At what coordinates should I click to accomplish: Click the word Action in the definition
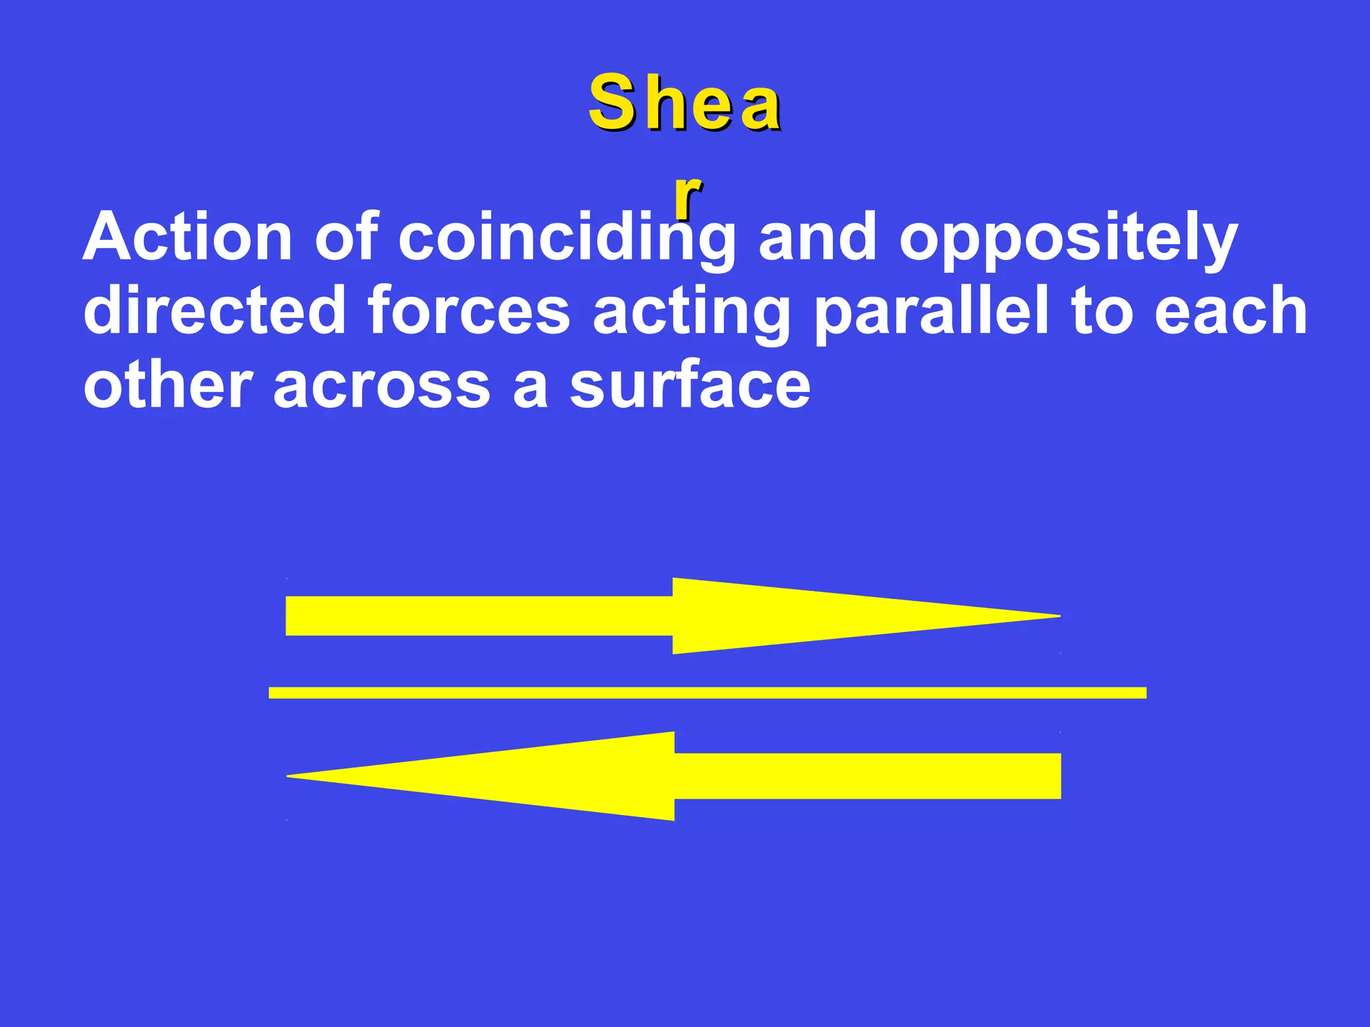(x=187, y=237)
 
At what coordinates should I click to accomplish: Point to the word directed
(x=214, y=311)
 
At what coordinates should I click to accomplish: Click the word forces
(x=468, y=311)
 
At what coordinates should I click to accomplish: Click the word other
(x=167, y=386)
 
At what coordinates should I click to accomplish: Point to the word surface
(x=690, y=386)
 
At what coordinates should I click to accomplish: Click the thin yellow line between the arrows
(x=707, y=693)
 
